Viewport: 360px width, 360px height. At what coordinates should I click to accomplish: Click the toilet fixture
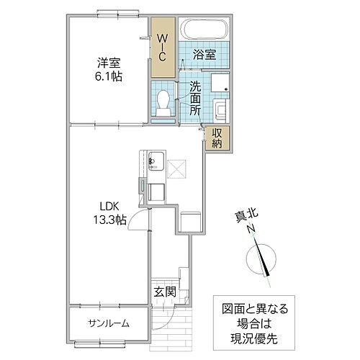pos(163,102)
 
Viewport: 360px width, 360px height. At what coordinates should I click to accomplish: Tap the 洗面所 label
pos(195,99)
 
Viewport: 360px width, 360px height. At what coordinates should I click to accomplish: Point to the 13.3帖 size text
pos(109,221)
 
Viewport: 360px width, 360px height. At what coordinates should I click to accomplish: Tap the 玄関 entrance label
pos(164,292)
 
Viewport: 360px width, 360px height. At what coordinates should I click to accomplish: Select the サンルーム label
pos(109,323)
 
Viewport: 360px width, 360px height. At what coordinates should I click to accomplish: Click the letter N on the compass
pos(251,230)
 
